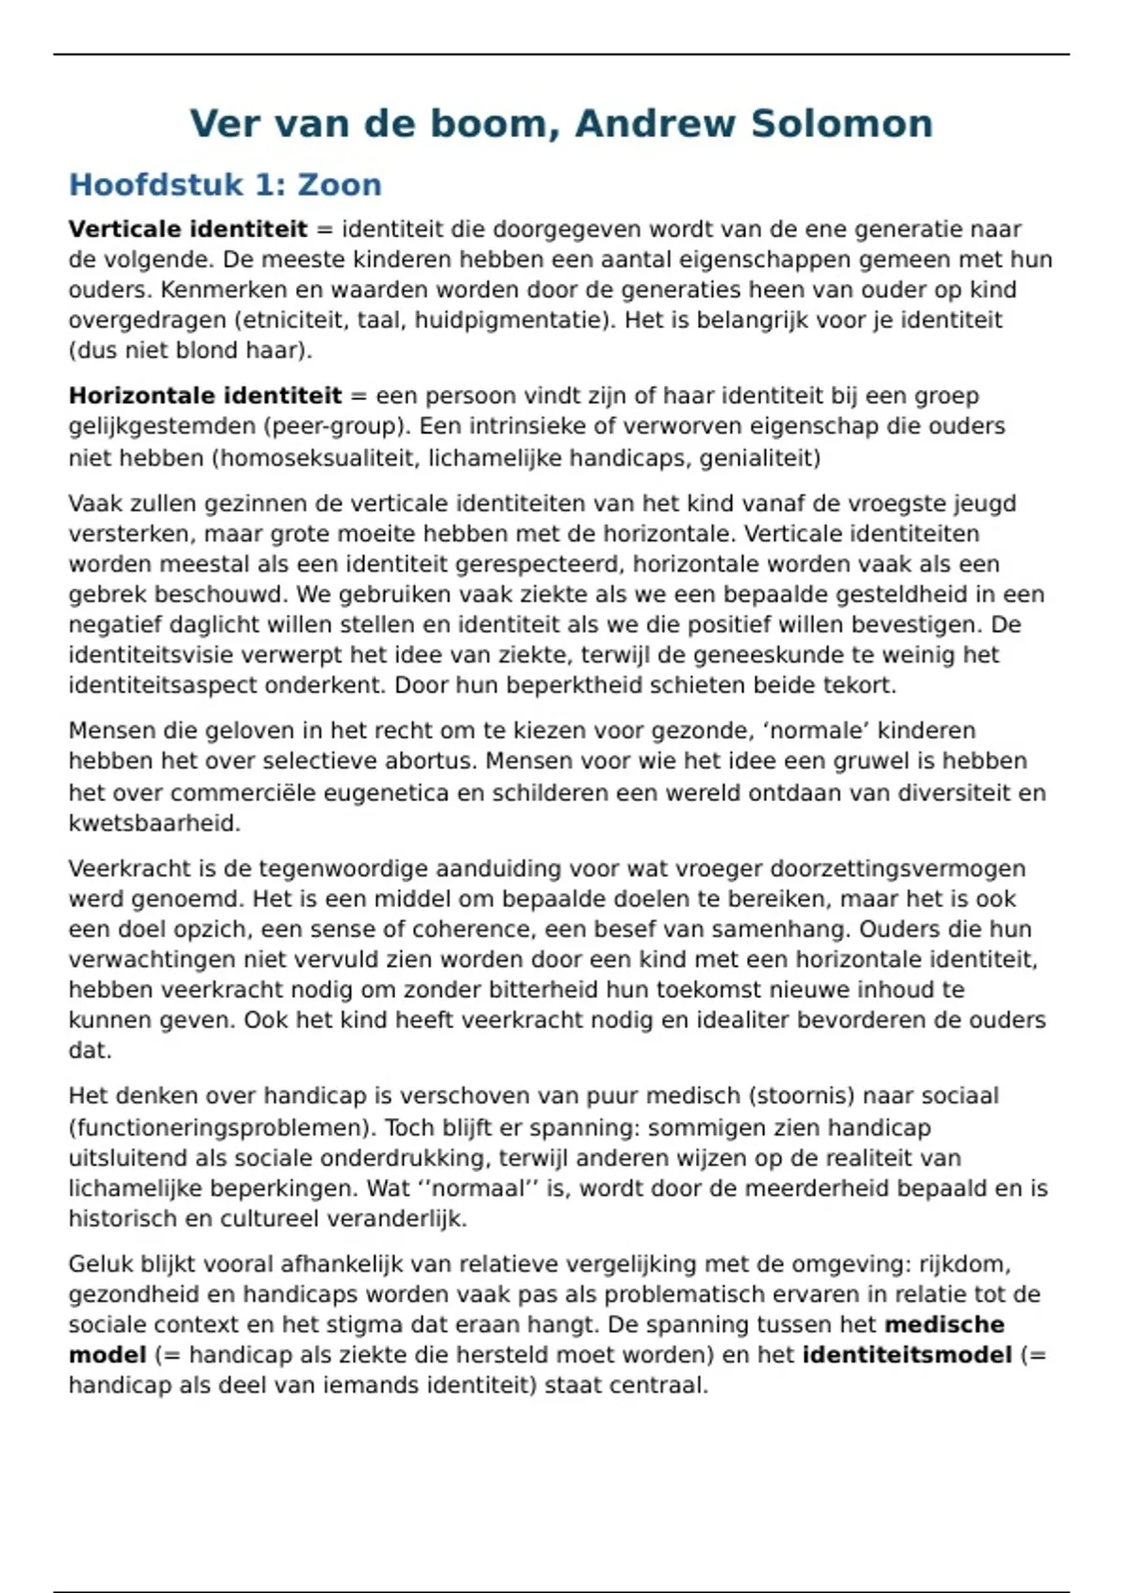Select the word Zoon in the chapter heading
coord(339,185)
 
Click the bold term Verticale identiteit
coord(187,230)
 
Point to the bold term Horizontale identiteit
coord(205,395)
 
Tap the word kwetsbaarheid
coord(155,824)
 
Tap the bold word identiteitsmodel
coord(907,1355)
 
